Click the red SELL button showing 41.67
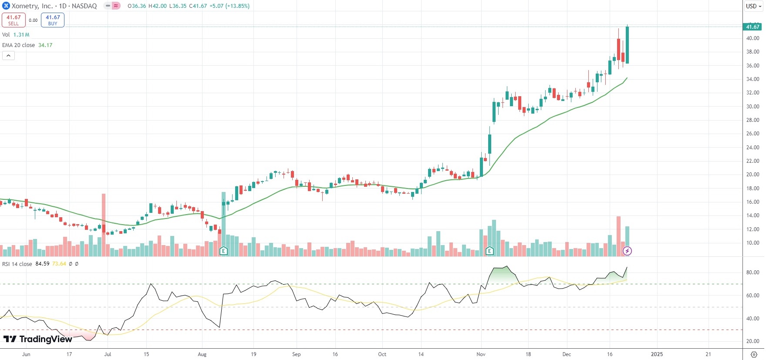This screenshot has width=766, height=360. click(x=13, y=20)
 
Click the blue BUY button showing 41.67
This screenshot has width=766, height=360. click(x=53, y=20)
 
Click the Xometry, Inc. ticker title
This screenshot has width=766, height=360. click(x=32, y=6)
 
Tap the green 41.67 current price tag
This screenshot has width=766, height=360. click(x=753, y=27)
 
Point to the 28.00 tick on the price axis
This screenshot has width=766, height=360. click(x=753, y=120)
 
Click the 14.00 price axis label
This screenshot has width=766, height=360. click(x=753, y=215)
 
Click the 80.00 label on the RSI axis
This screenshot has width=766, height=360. click(x=753, y=273)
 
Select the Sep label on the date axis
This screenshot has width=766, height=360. click(x=296, y=354)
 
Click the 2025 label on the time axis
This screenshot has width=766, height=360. click(x=657, y=354)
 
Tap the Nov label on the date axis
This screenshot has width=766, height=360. click(x=481, y=354)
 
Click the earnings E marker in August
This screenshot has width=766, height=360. click(x=223, y=251)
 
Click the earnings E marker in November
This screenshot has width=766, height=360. click(x=489, y=251)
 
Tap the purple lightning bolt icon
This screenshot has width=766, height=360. click(x=627, y=251)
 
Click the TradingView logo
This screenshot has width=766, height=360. click(x=38, y=339)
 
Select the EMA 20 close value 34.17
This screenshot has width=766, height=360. click(x=45, y=45)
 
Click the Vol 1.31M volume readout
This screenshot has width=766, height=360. click(x=21, y=35)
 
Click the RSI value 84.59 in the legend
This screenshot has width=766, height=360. click(x=42, y=264)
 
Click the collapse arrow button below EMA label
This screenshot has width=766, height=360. click(x=8, y=55)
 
